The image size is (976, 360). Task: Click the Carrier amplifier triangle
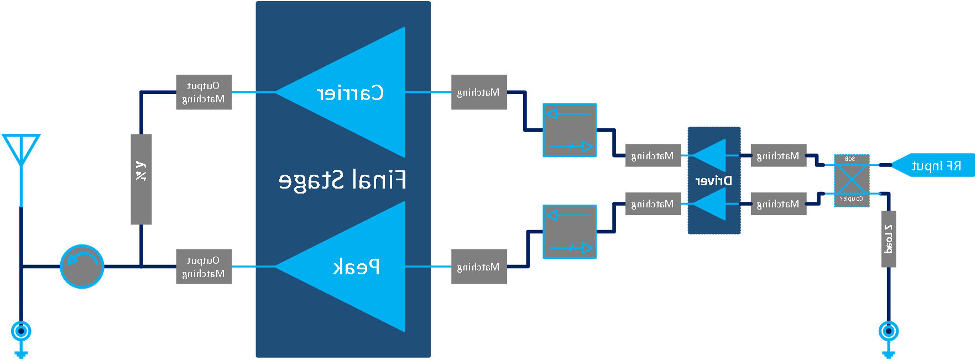pos(354,92)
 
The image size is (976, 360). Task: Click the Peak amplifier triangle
pos(354,267)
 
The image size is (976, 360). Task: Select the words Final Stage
pos(342,180)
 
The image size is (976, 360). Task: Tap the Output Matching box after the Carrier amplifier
pos(203,92)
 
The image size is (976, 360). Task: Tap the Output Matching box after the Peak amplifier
pos(203,267)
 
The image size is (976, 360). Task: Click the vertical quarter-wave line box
pos(141,179)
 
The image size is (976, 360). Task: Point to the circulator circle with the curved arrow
pos(82,267)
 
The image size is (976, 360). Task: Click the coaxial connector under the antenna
pos(21,332)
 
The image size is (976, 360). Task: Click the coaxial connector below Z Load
pos(888,332)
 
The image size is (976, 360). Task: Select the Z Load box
pos(888,239)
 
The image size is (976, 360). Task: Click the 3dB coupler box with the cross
pos(852,180)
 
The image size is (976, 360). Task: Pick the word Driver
pos(713,181)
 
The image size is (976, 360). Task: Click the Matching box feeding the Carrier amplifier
pos(479,92)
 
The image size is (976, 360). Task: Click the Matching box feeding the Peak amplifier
pos(479,267)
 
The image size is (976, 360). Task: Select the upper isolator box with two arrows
pos(570,130)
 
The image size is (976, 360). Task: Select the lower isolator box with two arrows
pos(570,232)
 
